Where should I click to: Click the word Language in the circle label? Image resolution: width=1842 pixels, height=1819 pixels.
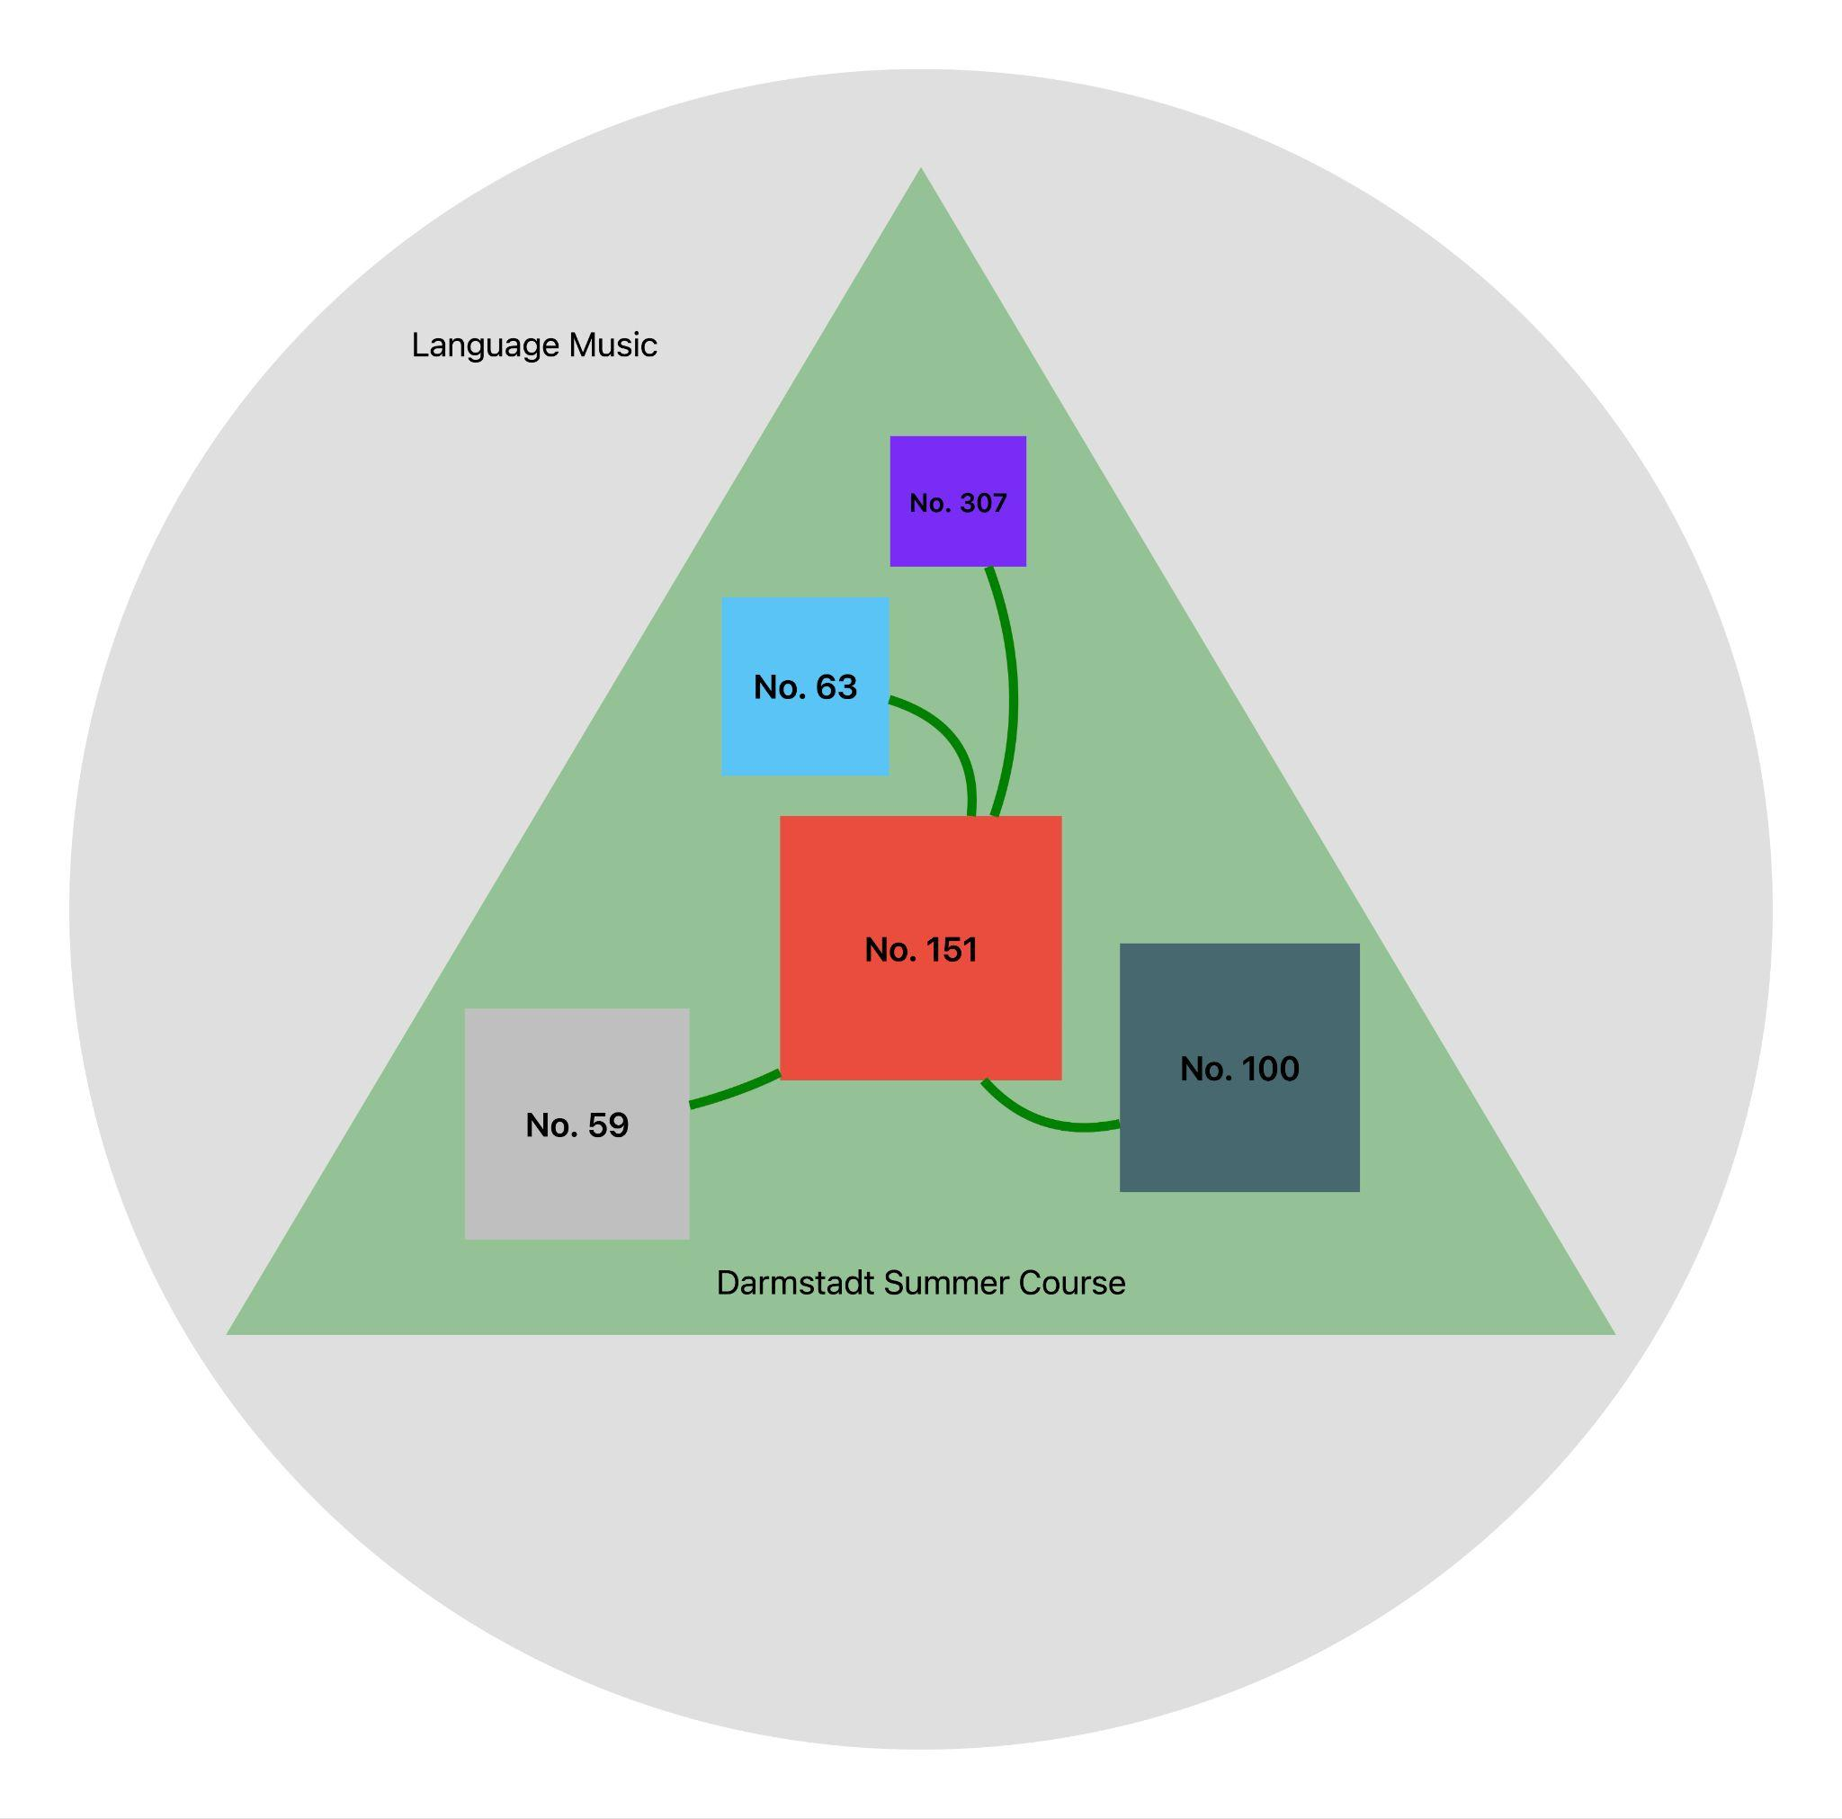tap(486, 345)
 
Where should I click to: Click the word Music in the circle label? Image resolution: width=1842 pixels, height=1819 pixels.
tap(613, 345)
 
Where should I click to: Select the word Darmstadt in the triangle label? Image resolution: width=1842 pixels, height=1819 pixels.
tap(795, 1283)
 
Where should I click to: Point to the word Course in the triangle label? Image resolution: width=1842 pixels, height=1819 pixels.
tap(1071, 1283)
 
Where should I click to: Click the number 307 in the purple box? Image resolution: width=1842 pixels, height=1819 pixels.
tap(983, 503)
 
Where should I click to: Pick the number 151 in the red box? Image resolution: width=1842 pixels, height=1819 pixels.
tap(948, 949)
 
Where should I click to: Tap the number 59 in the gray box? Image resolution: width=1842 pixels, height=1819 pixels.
tap(608, 1125)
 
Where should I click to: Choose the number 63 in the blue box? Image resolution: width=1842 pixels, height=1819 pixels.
tap(836, 686)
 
